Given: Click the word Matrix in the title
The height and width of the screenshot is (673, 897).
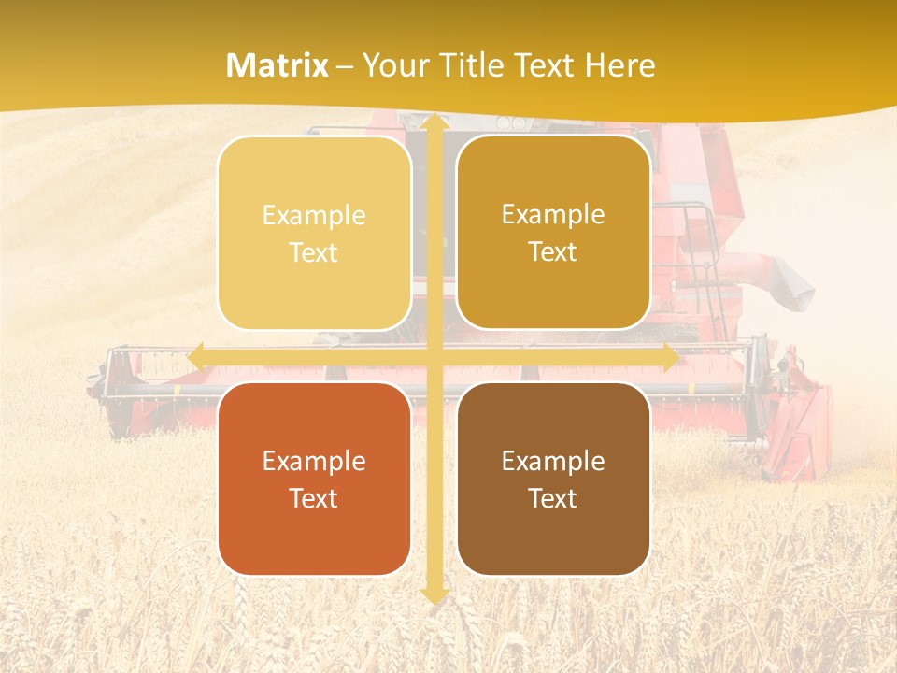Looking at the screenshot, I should pos(278,65).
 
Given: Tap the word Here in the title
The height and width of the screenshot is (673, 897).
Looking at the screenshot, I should pos(620,65).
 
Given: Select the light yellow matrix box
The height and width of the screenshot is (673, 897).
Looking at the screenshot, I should pos(314,233).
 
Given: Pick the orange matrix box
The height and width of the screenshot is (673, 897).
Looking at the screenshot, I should pos(314,479).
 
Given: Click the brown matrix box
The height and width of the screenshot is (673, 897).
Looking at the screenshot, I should pos(553,479).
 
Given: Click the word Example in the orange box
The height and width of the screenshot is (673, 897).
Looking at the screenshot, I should pos(314,461).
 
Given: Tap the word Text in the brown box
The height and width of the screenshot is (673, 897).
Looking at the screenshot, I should pos(553,498).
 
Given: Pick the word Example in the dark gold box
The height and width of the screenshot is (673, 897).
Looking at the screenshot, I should pos(553,214).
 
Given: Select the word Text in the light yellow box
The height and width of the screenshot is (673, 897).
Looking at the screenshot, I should pos(314,252).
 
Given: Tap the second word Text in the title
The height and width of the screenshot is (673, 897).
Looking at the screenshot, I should pos(542,65).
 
